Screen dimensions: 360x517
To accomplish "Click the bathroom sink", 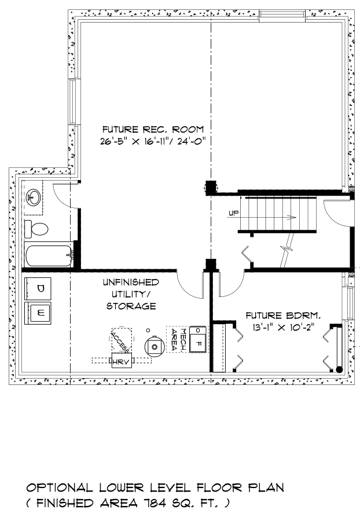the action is pos(34,197).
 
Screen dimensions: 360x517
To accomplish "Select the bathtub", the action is pos(49,255).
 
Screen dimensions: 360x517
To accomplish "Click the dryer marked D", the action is pos(38,288).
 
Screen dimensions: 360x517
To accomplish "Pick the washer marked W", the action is pos(38,313).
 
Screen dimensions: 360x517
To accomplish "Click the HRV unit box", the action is pos(122,361).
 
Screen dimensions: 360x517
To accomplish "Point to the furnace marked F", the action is pos(198,340).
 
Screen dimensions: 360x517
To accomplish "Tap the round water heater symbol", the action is pos(155,346).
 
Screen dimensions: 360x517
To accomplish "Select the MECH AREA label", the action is pos(178,339).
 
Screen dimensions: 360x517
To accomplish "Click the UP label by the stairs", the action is pos(233,213).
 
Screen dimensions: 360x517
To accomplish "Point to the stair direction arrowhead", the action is pos(292,217).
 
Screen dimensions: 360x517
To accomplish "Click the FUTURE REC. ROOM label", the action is pos(153,129).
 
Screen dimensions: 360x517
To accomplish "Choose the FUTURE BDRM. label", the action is pos(283,316).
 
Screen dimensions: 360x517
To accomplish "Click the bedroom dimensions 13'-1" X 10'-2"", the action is pos(283,328).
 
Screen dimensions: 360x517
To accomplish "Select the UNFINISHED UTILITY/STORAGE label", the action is pos(131,294).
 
